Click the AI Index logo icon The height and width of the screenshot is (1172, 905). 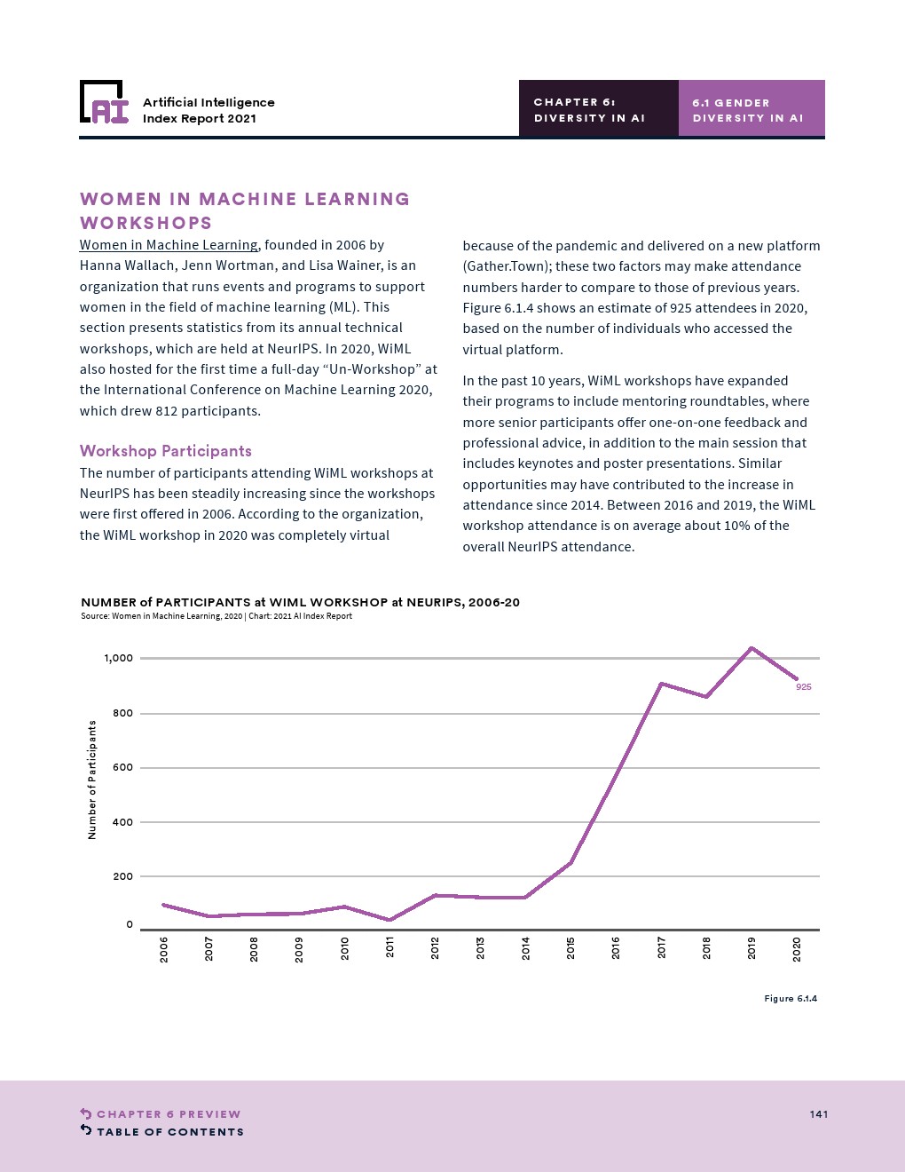pos(104,103)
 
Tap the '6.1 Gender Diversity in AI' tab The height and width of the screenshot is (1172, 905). pos(751,109)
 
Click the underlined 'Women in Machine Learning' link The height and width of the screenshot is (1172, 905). pos(169,245)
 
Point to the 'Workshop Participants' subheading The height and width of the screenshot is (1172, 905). pos(166,451)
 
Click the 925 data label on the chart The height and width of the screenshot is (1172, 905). pos(803,687)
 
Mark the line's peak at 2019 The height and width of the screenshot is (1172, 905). pos(752,648)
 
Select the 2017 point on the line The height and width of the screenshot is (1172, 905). pos(661,684)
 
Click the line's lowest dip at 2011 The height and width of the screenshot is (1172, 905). pos(390,920)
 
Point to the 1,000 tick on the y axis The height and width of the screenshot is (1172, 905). pos(118,659)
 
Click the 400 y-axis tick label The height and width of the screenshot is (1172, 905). pos(122,822)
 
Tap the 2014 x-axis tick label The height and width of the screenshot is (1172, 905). pos(525,948)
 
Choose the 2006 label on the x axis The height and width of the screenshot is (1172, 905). pos(163,948)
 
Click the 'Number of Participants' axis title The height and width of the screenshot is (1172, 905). pos(91,780)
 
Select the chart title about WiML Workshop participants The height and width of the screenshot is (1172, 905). pos(300,602)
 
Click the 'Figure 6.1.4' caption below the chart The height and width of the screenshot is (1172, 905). pos(791,999)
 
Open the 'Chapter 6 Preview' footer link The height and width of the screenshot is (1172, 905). pos(168,1114)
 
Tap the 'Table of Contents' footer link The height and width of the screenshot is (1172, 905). pos(169,1132)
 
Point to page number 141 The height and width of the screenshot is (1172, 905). pos(818,1114)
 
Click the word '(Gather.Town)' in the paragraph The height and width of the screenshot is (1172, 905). pos(505,266)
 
